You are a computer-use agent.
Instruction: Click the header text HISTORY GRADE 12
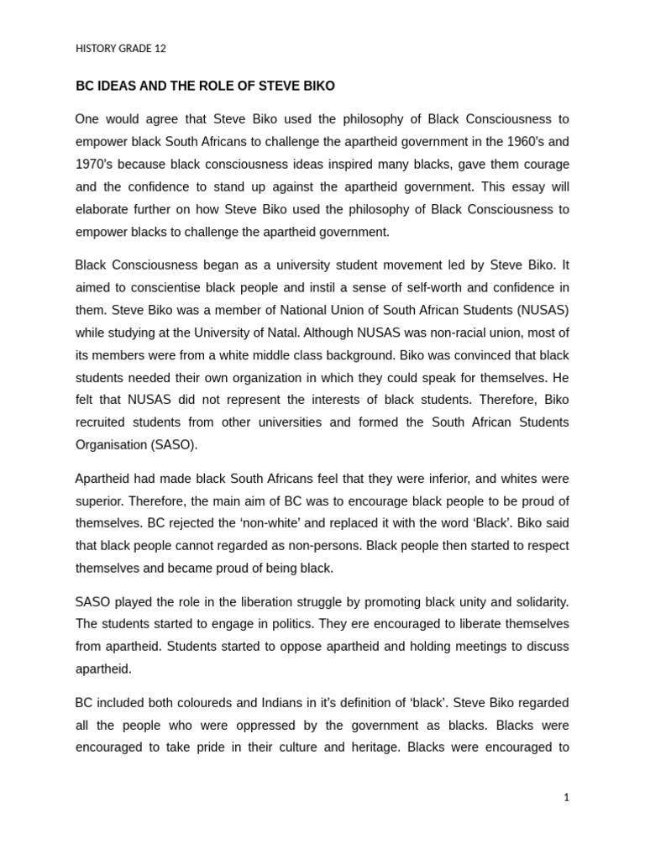(121, 49)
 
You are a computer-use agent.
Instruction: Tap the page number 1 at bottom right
(566, 798)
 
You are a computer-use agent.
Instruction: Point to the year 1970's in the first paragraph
(97, 164)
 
